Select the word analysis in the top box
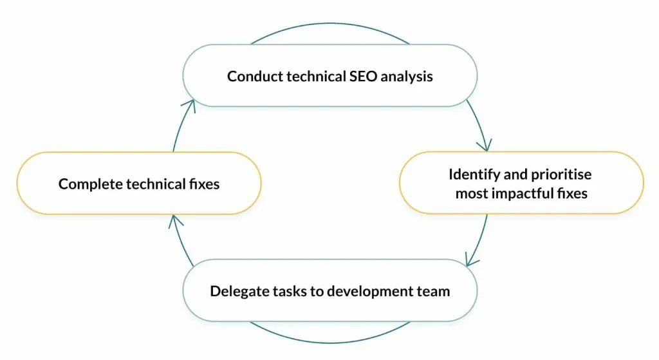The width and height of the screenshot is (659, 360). click(407, 77)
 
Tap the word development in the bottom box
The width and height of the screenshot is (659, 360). click(370, 292)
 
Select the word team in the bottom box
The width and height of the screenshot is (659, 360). click(433, 292)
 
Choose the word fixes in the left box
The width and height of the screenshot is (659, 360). click(204, 184)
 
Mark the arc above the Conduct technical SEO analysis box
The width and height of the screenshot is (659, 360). click(330, 24)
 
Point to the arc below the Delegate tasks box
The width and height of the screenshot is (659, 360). click(330, 343)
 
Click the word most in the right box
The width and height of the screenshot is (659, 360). click(470, 194)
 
